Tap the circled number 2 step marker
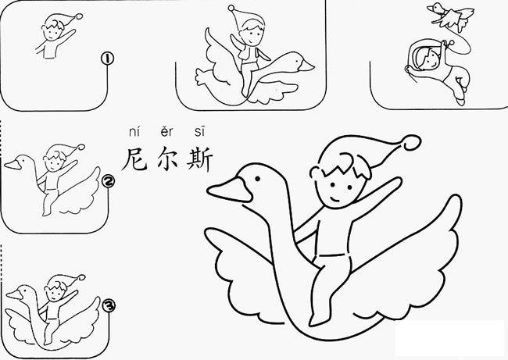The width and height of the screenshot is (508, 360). click(x=109, y=181)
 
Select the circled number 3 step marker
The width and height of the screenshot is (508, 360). click(x=109, y=306)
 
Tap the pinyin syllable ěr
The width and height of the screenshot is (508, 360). click(x=165, y=134)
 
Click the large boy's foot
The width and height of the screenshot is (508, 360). click(x=317, y=319)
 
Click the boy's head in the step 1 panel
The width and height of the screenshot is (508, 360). click(x=53, y=29)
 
